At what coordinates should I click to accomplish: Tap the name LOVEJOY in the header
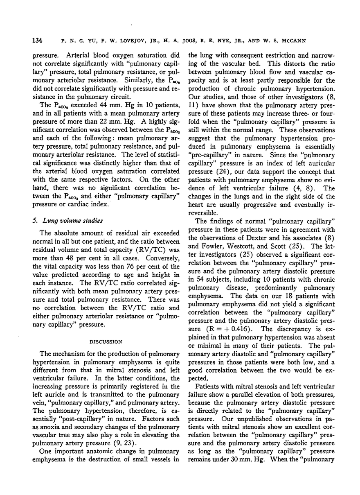tap(114, 41)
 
